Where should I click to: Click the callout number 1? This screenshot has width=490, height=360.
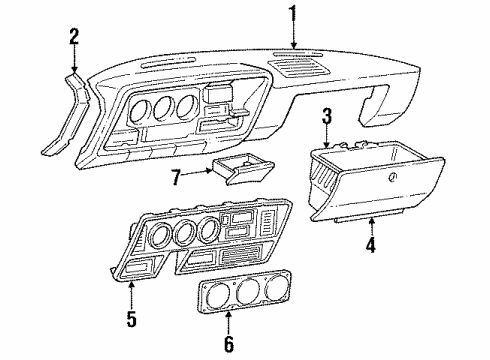[293, 15]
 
